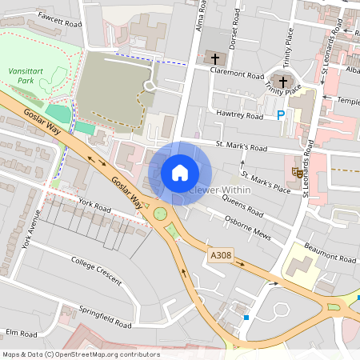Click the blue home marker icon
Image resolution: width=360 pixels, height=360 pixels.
(x=180, y=172)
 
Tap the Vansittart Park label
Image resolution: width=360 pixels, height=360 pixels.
(x=26, y=75)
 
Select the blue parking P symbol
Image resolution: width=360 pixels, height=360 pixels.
(x=280, y=115)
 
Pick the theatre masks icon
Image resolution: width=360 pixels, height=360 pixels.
(x=298, y=171)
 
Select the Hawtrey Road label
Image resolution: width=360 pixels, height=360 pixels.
(x=239, y=116)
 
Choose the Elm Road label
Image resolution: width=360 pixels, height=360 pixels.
(x=22, y=333)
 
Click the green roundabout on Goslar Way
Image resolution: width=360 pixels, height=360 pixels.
(x=161, y=214)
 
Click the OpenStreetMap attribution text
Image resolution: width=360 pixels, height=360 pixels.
(x=80, y=354)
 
